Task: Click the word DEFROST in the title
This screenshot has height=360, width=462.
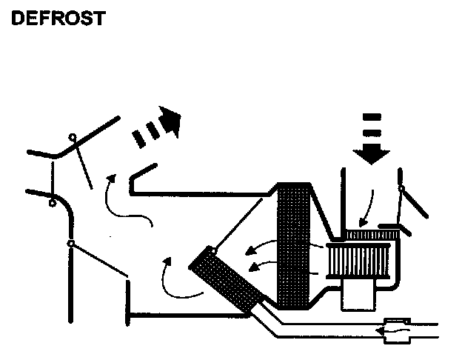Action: click(x=57, y=18)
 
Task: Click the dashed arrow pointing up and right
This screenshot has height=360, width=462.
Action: click(x=157, y=127)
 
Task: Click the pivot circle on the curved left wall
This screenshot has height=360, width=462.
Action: click(x=52, y=202)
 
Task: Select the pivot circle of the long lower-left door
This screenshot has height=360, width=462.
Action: click(x=69, y=242)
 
